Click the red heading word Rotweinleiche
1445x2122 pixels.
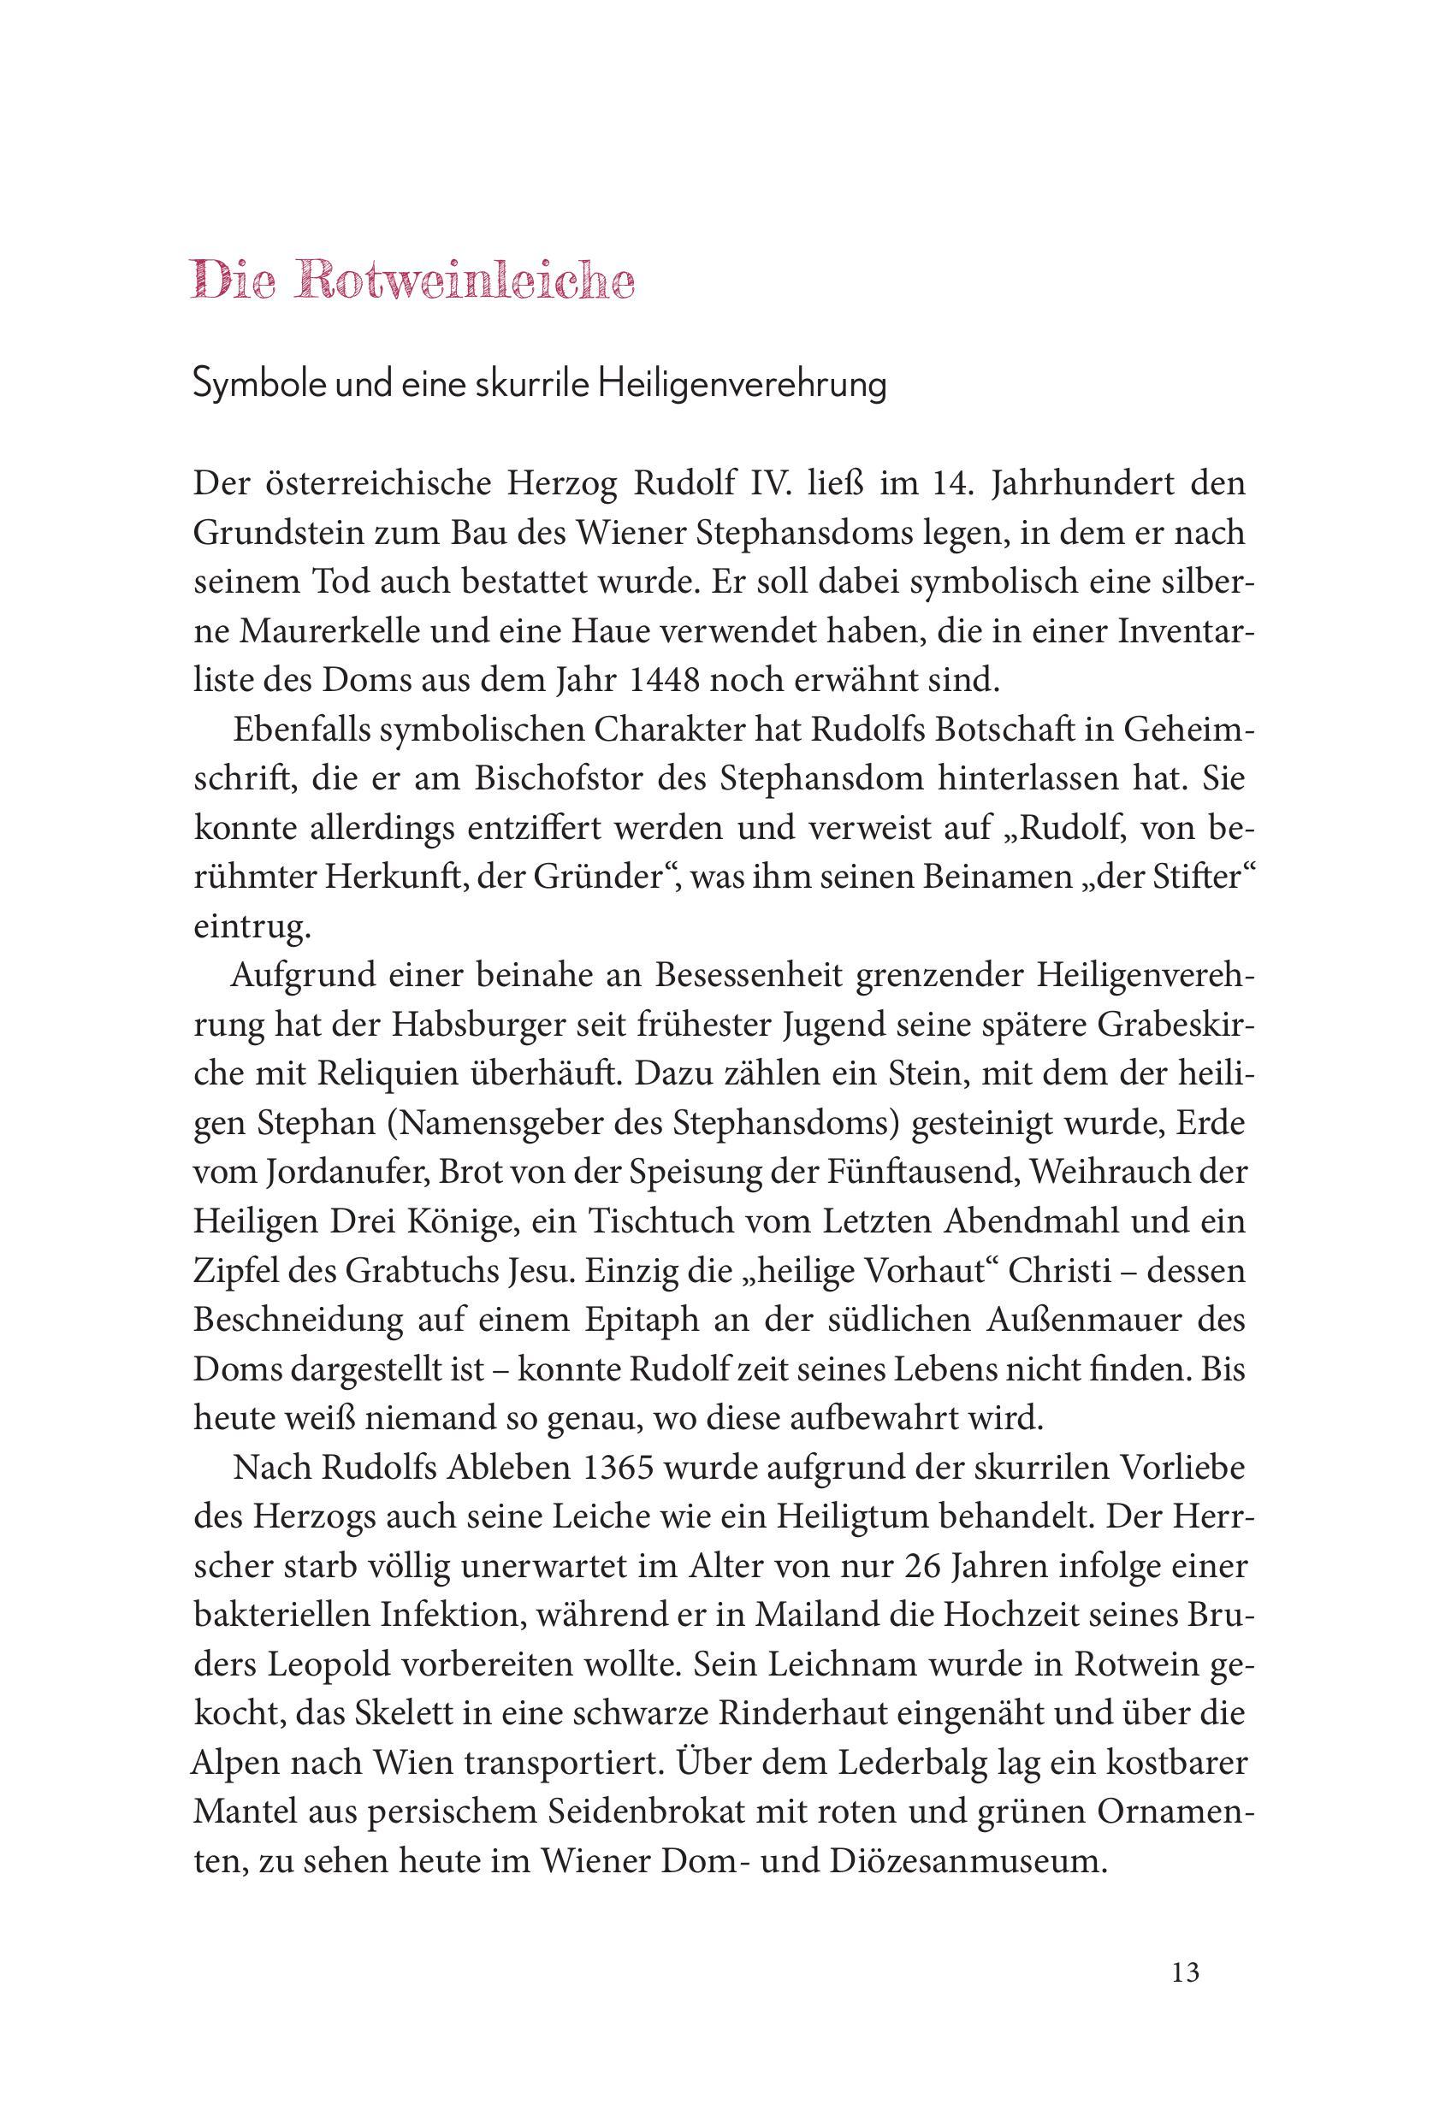pyautogui.click(x=465, y=282)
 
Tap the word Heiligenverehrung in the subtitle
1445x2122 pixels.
pyautogui.click(x=741, y=386)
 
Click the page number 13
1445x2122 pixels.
pyautogui.click(x=1185, y=1971)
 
